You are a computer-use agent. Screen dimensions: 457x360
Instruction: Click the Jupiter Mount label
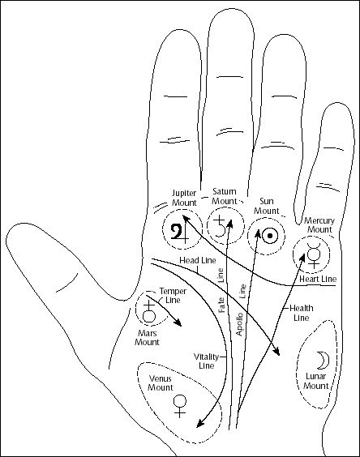(x=184, y=197)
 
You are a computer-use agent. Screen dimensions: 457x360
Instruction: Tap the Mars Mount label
(x=147, y=337)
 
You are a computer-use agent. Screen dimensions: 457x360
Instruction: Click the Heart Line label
(x=317, y=279)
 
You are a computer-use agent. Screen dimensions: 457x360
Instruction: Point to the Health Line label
(x=302, y=314)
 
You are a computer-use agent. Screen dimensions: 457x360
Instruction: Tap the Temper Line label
(x=171, y=295)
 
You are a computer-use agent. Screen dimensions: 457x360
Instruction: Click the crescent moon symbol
(x=321, y=358)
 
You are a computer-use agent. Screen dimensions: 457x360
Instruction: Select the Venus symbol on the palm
(x=180, y=404)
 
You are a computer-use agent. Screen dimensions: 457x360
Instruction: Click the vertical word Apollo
(x=239, y=322)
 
